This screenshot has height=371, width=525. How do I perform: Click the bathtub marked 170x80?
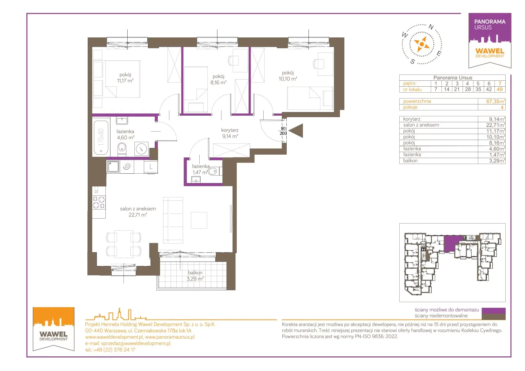point(101,137)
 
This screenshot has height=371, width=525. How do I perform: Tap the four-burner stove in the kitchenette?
point(99,202)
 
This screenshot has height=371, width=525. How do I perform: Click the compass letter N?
point(431,27)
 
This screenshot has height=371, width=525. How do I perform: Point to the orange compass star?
point(422,44)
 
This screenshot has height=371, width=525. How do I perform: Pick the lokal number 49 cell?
point(500,89)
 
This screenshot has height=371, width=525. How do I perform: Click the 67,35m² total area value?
point(495,101)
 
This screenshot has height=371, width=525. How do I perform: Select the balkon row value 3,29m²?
point(497,161)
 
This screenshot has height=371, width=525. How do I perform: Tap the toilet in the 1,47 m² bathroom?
point(214,171)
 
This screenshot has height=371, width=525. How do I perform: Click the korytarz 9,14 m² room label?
point(230,133)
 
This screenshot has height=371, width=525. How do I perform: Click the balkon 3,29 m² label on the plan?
point(195,276)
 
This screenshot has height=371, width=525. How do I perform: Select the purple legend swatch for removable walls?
point(493,310)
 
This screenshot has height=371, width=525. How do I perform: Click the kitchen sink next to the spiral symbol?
point(114,166)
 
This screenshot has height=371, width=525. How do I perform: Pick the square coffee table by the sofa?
point(199,220)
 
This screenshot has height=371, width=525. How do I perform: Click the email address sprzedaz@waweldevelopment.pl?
point(136,343)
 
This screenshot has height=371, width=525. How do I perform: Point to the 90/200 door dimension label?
point(283,131)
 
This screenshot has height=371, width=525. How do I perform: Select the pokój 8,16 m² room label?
point(218,79)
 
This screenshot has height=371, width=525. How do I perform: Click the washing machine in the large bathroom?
point(141,149)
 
